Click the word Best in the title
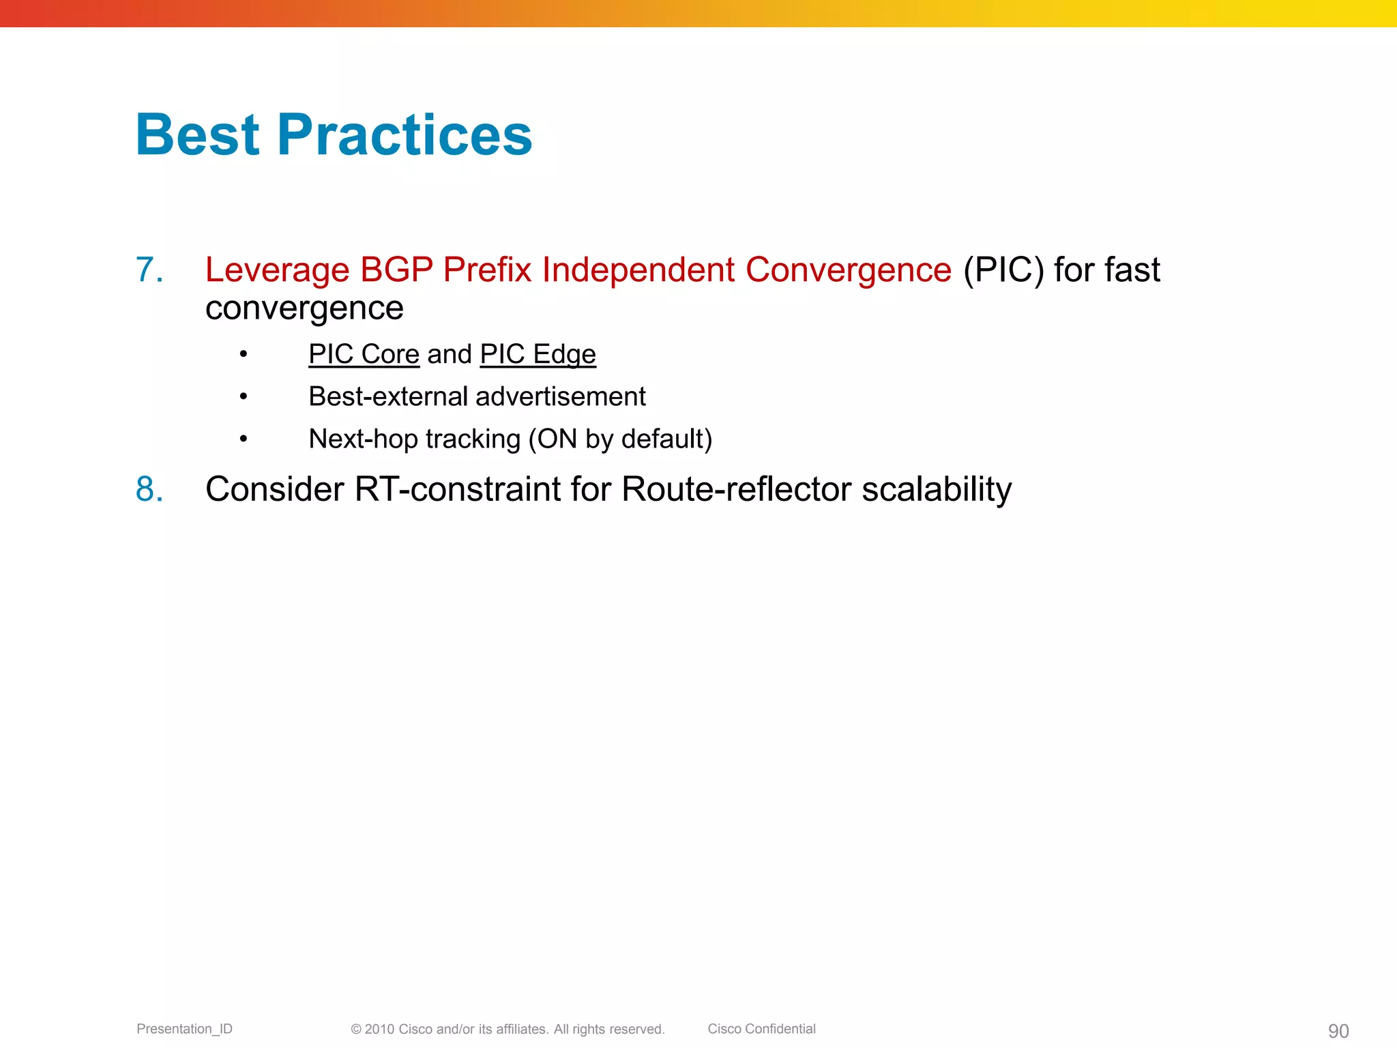198,135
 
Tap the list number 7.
149,270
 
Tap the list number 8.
149,489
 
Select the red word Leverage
277,270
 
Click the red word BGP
396,270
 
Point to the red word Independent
638,270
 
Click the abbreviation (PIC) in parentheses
1003,270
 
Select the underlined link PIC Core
364,354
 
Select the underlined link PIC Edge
538,354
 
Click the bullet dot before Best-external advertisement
244,396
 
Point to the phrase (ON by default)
620,439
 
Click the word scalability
937,489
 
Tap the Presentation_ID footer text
184,1029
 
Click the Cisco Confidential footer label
761,1029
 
